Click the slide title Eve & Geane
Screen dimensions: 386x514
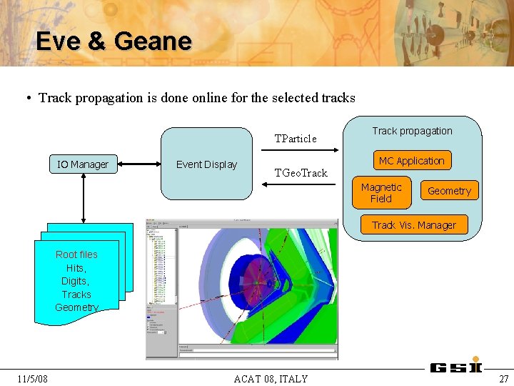point(114,41)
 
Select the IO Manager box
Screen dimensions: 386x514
point(83,164)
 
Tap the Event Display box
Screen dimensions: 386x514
point(206,164)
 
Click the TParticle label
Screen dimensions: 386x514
point(296,139)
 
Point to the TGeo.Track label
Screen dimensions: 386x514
point(301,173)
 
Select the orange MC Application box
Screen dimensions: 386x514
point(411,161)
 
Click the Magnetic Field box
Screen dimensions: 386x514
point(381,193)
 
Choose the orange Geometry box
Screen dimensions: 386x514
point(449,191)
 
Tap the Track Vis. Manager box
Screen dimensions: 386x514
point(413,225)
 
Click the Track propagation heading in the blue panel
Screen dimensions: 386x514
point(412,131)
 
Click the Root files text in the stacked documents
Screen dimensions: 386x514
point(76,254)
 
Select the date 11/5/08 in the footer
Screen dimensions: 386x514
point(33,379)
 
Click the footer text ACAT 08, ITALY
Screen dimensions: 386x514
point(271,379)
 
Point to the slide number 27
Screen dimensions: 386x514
point(504,379)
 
